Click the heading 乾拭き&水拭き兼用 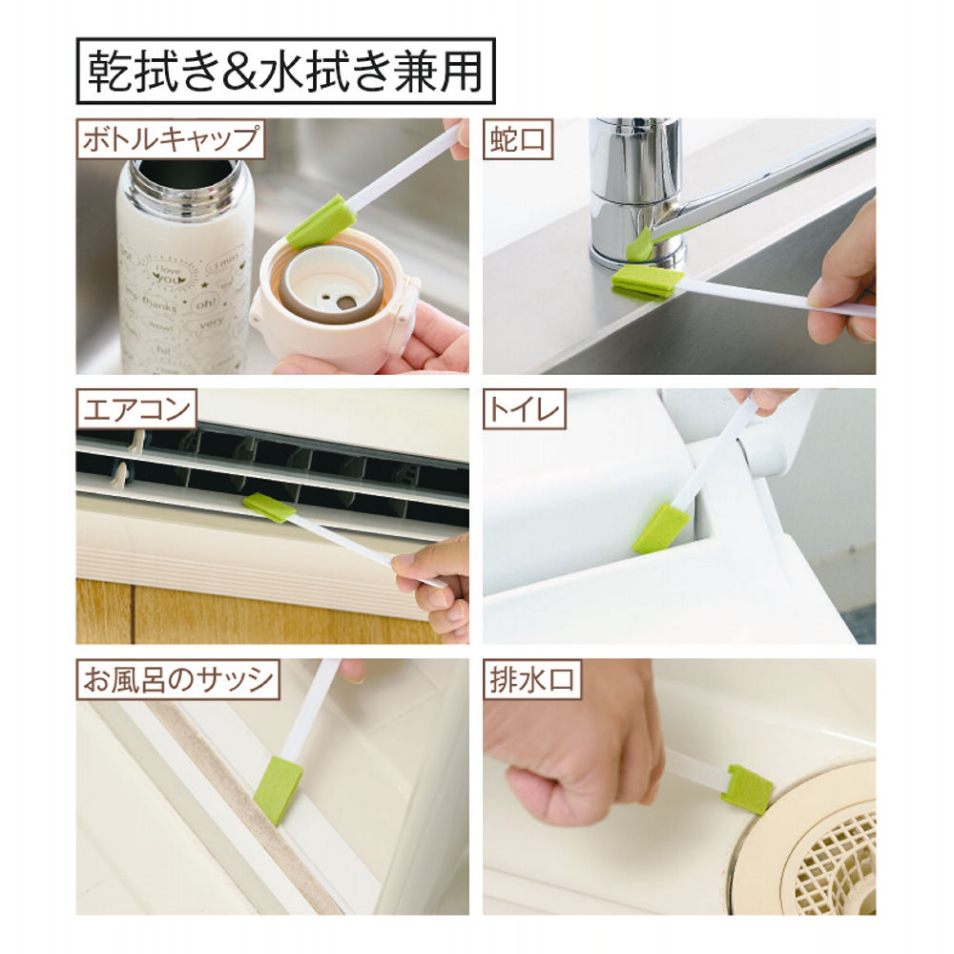tap(285, 72)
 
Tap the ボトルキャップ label tap(171, 139)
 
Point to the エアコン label tap(136, 409)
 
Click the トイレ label tap(524, 409)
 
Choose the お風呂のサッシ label tap(177, 679)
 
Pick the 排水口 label tap(531, 679)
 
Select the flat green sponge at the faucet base tap(644, 281)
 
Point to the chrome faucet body tap(634, 194)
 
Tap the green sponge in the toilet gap tap(661, 529)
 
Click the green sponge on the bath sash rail tap(278, 790)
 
